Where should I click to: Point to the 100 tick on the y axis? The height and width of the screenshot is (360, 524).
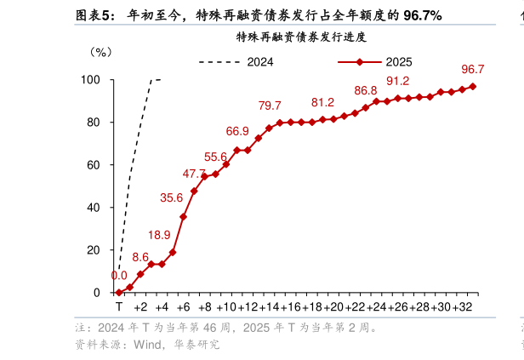91,80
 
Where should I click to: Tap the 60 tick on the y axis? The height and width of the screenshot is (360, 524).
94,165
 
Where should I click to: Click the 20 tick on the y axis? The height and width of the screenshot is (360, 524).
94,250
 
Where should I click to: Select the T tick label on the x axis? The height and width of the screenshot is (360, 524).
119,306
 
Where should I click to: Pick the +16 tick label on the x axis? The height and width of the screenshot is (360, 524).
290,306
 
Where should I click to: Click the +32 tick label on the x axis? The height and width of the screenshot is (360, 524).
462,306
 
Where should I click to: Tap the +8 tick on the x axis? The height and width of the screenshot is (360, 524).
204,306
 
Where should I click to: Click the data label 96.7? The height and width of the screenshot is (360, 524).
473,69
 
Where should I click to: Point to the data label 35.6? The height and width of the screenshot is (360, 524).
171,198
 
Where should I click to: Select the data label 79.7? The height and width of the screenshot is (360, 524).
270,106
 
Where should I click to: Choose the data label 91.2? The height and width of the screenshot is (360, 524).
398,82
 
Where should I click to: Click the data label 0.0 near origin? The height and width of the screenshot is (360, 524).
119,275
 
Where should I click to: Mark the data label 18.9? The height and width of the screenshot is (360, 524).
159,235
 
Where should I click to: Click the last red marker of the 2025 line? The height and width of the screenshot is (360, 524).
473,87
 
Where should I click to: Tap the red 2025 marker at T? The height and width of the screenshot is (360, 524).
119,293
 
